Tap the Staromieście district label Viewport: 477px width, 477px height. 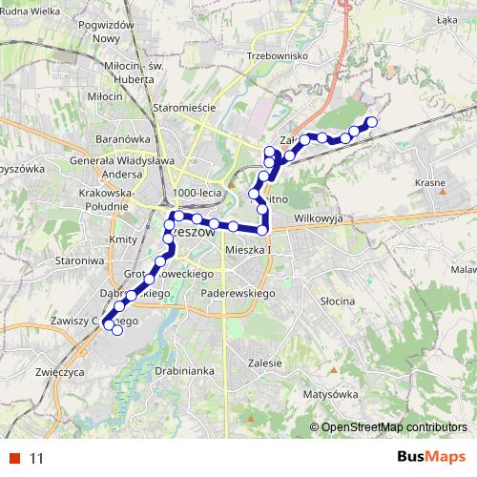click(185, 109)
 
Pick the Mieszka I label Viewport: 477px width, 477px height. click(249, 250)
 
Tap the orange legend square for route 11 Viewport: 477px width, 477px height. click(15, 458)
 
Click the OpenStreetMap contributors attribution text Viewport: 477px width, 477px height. click(393, 426)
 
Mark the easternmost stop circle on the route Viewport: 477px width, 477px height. click(372, 120)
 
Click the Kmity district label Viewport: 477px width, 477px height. click(122, 238)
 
